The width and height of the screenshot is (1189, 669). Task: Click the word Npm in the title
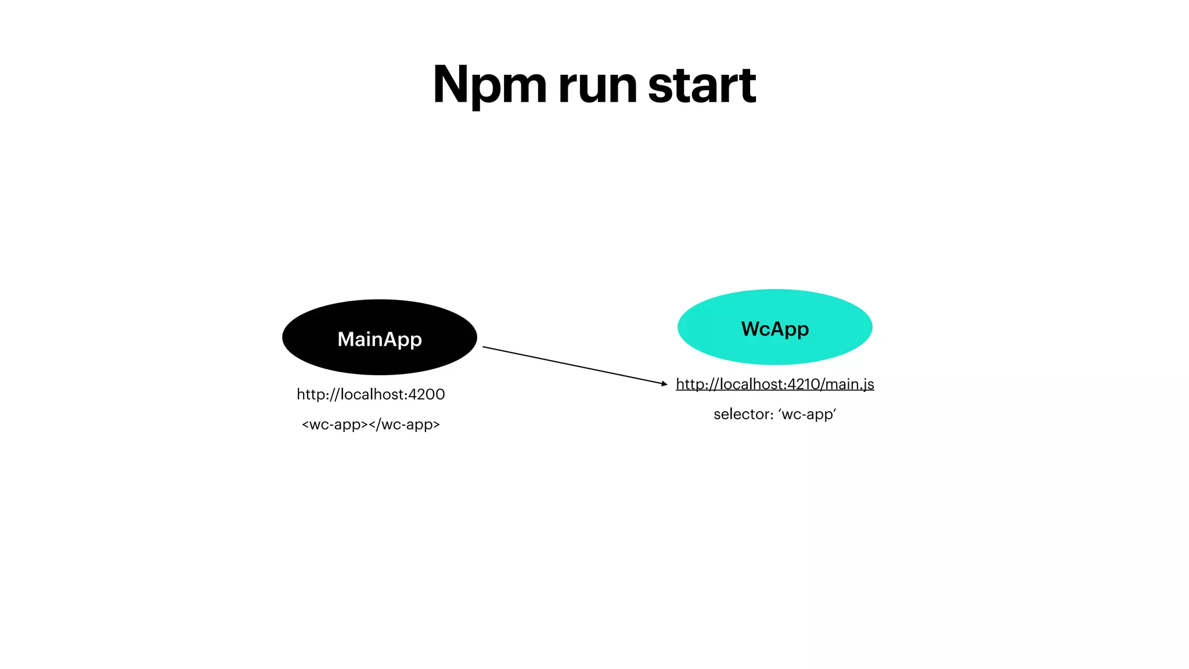[489, 85]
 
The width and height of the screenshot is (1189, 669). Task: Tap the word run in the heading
[598, 87]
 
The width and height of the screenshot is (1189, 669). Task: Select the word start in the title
[701, 85]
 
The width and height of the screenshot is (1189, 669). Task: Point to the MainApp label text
[380, 339]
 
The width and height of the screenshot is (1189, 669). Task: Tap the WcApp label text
[775, 329]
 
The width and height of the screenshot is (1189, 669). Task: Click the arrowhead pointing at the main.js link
[665, 383]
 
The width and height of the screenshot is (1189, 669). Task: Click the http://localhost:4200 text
[370, 394]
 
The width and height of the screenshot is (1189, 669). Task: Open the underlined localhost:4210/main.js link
[774, 384]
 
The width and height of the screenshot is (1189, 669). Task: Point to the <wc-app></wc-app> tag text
[370, 425]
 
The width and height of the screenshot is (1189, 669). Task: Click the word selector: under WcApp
[743, 414]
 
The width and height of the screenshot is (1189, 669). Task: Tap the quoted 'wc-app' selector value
[807, 414]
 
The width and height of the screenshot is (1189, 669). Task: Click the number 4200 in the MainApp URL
[427, 394]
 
